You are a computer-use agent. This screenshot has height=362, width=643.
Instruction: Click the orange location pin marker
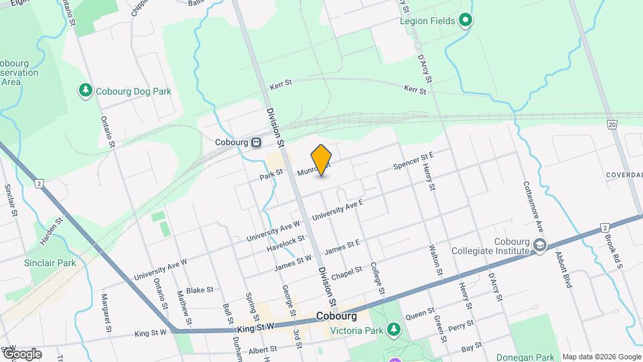pos(321,160)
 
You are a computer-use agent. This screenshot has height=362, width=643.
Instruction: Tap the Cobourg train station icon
pos(256,142)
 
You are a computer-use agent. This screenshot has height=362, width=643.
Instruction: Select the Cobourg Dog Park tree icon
pos(85,90)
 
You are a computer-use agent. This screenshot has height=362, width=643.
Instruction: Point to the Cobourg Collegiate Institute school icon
pos(539,247)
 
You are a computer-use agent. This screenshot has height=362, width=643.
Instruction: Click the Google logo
pos(21,353)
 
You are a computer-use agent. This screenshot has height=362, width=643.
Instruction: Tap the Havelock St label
pos(285,243)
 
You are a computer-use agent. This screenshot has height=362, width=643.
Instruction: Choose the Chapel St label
pos(346,274)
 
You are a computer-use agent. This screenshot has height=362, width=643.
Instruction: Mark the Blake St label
pos(200,290)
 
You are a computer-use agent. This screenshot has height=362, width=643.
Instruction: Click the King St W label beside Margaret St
pos(149,333)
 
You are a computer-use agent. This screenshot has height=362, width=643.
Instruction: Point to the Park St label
pos(271,176)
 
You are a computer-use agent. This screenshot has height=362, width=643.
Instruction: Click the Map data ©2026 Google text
pos(601,357)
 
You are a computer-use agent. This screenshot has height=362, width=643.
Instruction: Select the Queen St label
pos(420,313)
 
